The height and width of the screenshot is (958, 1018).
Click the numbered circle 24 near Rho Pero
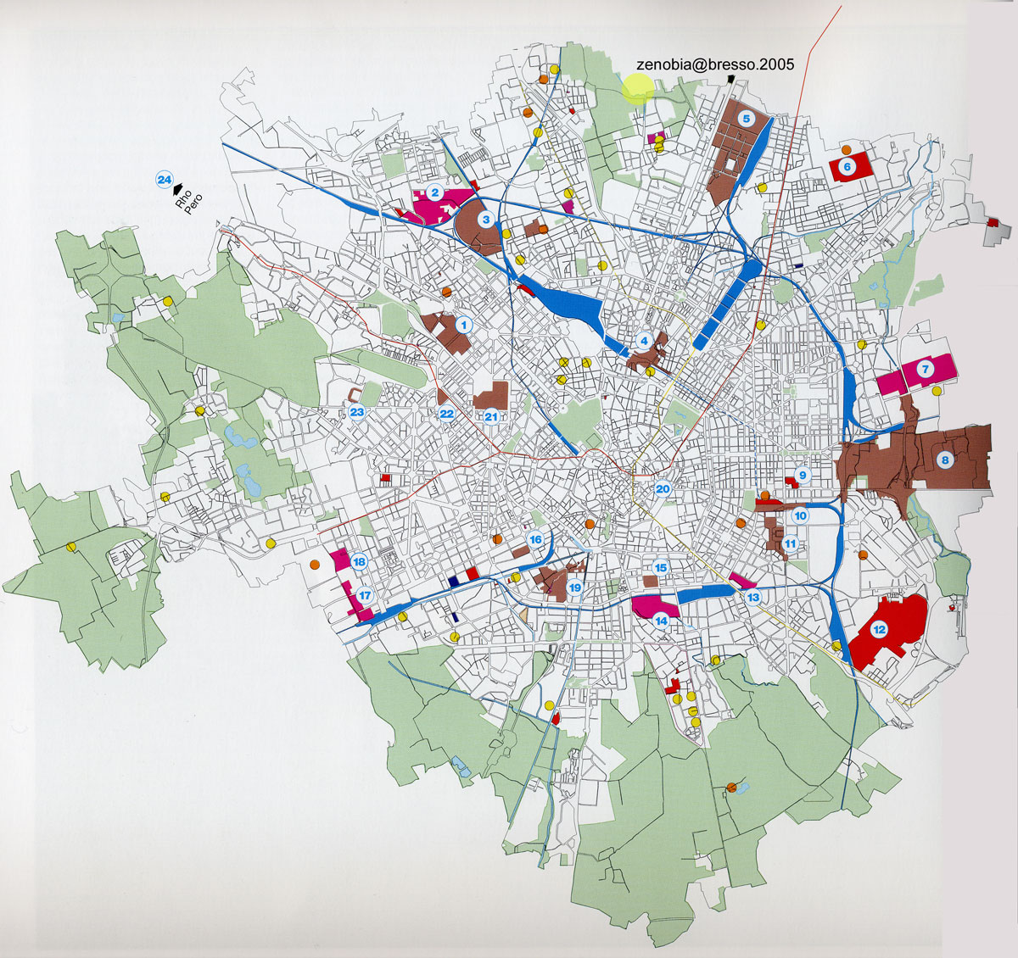click(x=164, y=179)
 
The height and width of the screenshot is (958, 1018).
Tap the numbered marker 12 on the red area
click(x=879, y=629)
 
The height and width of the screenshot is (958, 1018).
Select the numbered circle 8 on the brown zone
click(x=943, y=460)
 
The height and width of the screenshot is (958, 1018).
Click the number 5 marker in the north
click(x=746, y=119)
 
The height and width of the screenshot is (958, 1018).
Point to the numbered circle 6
click(x=846, y=167)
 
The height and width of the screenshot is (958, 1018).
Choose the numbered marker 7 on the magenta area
click(x=925, y=369)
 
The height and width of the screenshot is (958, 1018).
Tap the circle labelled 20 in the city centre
click(x=663, y=488)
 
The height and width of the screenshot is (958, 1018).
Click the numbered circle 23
click(x=357, y=413)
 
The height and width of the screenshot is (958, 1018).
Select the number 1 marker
click(x=463, y=324)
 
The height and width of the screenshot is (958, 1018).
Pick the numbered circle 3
click(x=485, y=220)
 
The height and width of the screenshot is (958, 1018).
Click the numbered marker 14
click(x=661, y=620)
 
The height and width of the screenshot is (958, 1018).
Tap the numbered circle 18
click(x=359, y=562)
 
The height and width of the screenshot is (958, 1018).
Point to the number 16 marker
click(x=535, y=539)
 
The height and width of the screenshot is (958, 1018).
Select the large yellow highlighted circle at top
click(x=637, y=88)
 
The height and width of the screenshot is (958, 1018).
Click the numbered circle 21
click(x=491, y=415)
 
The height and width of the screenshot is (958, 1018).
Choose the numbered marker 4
click(x=644, y=341)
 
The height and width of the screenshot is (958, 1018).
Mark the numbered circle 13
click(x=753, y=598)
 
